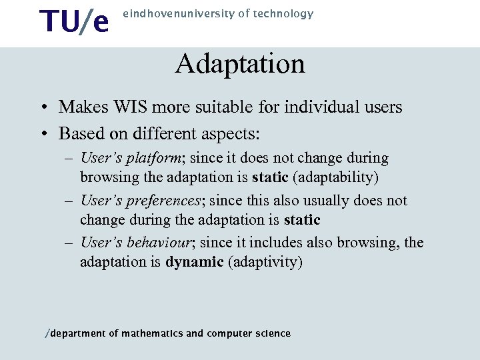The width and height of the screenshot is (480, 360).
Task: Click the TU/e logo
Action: (x=74, y=21)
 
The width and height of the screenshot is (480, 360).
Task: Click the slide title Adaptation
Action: (x=240, y=64)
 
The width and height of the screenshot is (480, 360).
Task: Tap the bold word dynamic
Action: (x=194, y=262)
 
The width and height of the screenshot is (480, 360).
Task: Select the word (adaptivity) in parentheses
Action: (x=265, y=262)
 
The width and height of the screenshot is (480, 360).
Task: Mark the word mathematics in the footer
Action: (x=152, y=333)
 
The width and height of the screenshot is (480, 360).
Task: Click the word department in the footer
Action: (x=79, y=333)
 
